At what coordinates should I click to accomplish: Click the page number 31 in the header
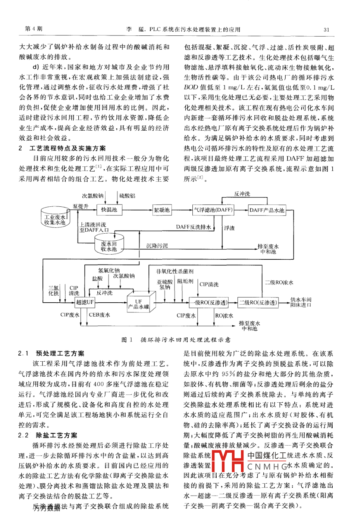pyautogui.click(x=326, y=30)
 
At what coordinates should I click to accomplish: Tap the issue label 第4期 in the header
pyautogui.click(x=34, y=29)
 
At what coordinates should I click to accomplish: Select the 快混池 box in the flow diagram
pyautogui.click(x=109, y=210)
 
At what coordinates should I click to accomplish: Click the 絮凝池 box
pyautogui.click(x=162, y=210)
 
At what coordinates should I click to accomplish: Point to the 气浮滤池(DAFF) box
pyautogui.click(x=213, y=210)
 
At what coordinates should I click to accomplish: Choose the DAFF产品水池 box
pyautogui.click(x=267, y=210)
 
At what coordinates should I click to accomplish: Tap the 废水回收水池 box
pyautogui.click(x=109, y=246)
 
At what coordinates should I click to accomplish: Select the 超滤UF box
pyautogui.click(x=85, y=302)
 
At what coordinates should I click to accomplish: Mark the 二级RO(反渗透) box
pyautogui.click(x=258, y=302)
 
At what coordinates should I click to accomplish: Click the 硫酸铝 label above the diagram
pyautogui.click(x=127, y=196)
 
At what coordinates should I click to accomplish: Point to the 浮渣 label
pyautogui.click(x=229, y=228)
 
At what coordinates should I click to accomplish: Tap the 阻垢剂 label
pyautogui.click(x=185, y=281)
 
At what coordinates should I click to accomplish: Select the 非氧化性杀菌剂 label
pyautogui.click(x=175, y=271)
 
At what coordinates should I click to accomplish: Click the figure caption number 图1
pyautogui.click(x=127, y=340)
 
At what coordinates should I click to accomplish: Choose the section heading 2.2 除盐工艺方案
pyautogui.click(x=51, y=435)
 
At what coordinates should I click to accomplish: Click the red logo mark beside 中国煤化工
pyautogui.click(x=228, y=461)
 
